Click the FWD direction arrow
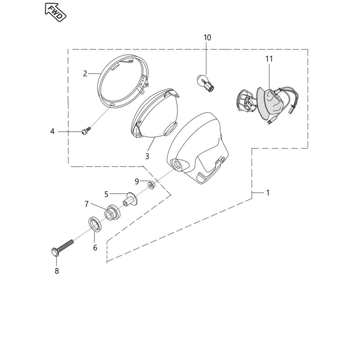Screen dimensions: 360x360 click(55, 12)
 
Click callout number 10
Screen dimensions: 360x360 click(207, 37)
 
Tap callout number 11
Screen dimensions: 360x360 click(269, 59)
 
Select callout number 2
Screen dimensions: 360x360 click(85, 74)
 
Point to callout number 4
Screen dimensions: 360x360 click(52, 131)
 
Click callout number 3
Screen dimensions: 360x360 click(147, 156)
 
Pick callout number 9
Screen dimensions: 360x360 click(137, 182)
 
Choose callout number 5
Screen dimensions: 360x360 click(106, 194)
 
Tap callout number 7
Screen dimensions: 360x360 click(86, 204)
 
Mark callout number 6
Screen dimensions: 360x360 click(95, 248)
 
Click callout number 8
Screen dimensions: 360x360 click(57, 271)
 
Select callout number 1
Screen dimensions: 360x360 click(267, 193)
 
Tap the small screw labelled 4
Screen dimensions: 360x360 click(86, 131)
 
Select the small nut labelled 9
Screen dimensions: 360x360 click(152, 185)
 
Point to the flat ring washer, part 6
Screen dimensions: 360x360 click(95, 224)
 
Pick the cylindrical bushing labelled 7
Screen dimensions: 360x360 click(112, 212)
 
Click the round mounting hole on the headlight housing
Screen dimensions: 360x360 click(178, 165)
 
